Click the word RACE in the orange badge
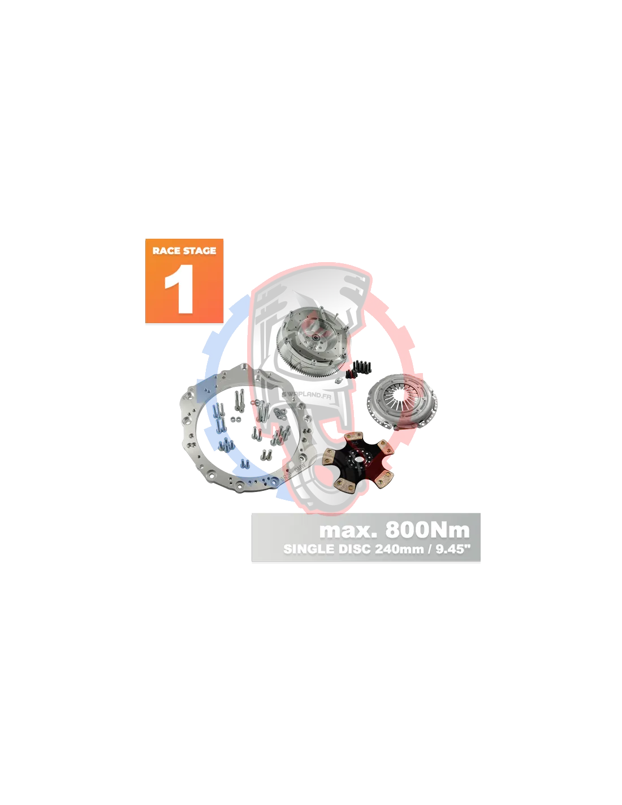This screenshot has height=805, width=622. point(167,250)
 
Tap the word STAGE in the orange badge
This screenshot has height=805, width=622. point(200,250)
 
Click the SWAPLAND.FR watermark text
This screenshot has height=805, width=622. point(306,395)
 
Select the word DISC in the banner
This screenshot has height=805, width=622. point(354,549)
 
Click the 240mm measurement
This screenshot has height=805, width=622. point(399,549)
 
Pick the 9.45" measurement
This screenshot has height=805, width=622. point(450,549)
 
